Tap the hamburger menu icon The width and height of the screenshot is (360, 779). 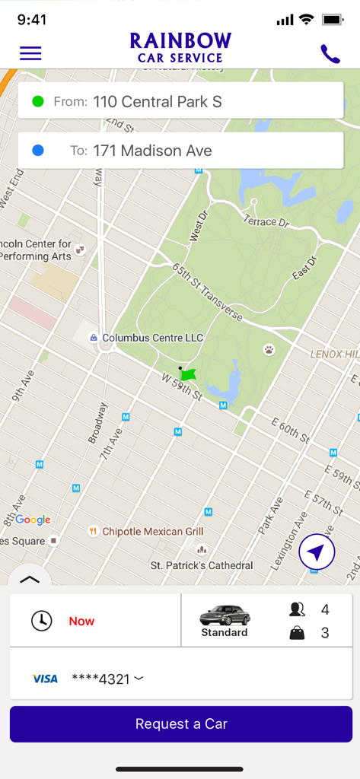[30, 53]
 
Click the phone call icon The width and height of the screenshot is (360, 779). [330, 54]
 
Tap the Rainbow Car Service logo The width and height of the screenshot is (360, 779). [180, 47]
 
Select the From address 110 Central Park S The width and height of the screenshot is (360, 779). [158, 101]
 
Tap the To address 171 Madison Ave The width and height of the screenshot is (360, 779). [151, 151]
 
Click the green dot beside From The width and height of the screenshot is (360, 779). [38, 101]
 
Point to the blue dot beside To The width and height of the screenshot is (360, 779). [38, 151]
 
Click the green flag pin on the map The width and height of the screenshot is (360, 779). [188, 374]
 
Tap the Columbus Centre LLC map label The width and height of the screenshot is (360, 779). [152, 337]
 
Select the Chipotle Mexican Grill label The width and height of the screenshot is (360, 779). [152, 532]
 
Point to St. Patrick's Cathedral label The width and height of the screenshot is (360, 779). [202, 565]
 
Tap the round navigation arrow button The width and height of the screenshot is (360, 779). [317, 552]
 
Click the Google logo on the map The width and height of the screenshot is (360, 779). [33, 520]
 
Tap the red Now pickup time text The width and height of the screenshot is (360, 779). [81, 621]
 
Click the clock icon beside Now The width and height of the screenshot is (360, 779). [42, 621]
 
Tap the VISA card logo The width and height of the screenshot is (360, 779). [45, 679]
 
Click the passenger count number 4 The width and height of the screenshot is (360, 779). [325, 609]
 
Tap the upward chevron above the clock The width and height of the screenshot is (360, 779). [29, 579]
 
